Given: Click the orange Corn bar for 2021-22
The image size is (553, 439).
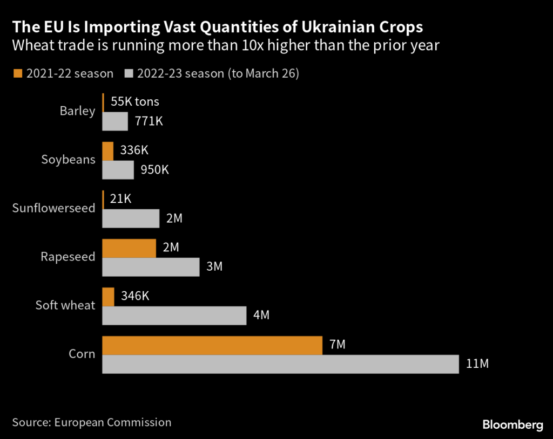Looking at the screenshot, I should (x=212, y=345).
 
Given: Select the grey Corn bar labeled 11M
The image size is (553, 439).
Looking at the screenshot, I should (x=280, y=364).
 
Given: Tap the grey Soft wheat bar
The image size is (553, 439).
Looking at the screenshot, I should (x=174, y=315).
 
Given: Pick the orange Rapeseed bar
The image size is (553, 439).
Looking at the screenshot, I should (x=129, y=248).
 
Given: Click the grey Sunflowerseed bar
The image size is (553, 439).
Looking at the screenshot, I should (x=131, y=218).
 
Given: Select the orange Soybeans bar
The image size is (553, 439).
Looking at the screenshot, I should (x=108, y=151).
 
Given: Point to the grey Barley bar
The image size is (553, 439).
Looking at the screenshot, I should (x=115, y=121).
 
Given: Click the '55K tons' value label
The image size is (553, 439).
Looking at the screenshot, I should (x=134, y=102).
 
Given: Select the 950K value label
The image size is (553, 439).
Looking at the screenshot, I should (x=154, y=170).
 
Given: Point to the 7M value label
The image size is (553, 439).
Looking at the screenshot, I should (x=337, y=345).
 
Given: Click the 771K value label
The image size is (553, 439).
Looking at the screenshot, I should (x=149, y=121).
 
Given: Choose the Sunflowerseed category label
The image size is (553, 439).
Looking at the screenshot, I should (x=53, y=208).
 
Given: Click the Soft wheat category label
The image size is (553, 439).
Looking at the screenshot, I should (x=65, y=305).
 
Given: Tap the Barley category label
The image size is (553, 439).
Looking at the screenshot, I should (x=77, y=111).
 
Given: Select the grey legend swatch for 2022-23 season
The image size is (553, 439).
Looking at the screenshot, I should (x=129, y=74).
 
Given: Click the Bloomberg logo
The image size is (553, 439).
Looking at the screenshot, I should (x=512, y=425).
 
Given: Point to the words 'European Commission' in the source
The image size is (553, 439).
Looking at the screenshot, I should (x=113, y=422).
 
